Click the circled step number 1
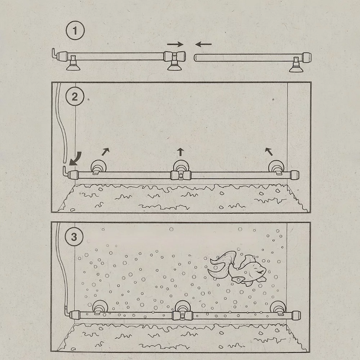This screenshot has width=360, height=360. (x=75, y=30)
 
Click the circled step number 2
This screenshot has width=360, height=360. (x=75, y=96)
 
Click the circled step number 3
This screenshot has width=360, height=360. (x=74, y=237)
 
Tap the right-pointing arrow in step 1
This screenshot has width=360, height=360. (x=175, y=44)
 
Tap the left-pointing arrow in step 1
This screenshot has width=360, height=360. (x=203, y=44)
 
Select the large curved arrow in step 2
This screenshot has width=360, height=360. (x=76, y=159)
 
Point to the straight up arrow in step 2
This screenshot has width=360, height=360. (x=180, y=152)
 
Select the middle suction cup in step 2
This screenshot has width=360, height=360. (x=181, y=167)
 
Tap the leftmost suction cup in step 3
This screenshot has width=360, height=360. (x=100, y=307)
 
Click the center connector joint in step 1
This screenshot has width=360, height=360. (x=175, y=57)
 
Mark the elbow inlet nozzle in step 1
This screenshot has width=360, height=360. (x=54, y=53)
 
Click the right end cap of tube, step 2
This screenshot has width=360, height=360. (x=294, y=175)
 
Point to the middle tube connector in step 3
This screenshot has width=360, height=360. (x=182, y=316)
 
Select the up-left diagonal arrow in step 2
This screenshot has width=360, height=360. (x=269, y=152)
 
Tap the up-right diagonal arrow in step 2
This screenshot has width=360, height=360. (x=105, y=152)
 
